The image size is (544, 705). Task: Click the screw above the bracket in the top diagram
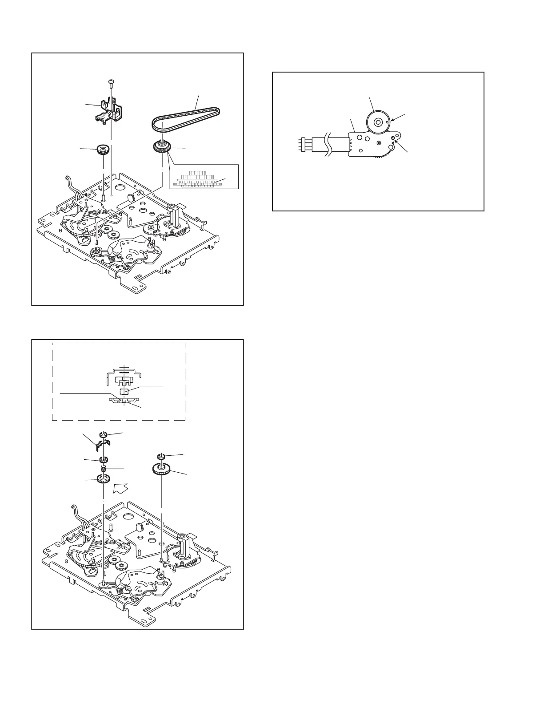[110, 82]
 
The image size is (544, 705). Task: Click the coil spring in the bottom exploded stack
[104, 469]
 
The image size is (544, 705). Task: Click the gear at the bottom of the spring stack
[104, 480]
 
